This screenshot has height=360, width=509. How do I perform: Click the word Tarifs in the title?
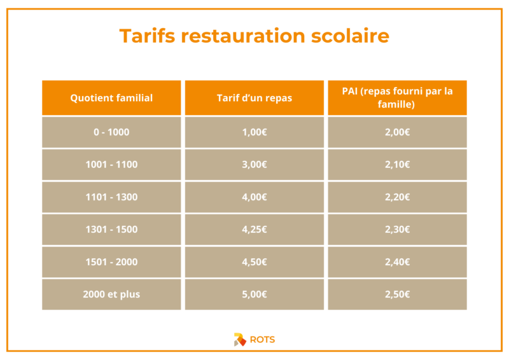click(147, 36)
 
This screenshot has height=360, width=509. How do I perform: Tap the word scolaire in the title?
click(350, 36)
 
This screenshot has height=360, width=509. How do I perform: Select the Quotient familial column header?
click(111, 98)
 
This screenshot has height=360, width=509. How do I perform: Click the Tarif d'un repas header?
click(254, 98)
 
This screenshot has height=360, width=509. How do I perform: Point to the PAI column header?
click(397, 98)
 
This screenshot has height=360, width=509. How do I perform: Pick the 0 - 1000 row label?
click(111, 132)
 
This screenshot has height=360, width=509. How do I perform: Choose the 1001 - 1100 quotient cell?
click(111, 165)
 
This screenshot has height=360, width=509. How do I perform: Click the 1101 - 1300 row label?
click(111, 197)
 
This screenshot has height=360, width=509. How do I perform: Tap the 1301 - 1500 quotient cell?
click(111, 230)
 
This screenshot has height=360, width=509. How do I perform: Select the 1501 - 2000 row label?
click(111, 262)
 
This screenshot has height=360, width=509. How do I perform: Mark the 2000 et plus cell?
click(111, 294)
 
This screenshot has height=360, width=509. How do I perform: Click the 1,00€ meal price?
click(254, 132)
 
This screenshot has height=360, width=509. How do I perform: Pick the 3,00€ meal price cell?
click(254, 165)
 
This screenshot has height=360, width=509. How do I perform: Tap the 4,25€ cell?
click(254, 230)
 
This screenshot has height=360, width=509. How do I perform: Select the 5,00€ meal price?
click(254, 294)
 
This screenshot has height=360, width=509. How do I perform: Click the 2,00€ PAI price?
click(397, 132)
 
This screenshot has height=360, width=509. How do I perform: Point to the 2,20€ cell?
click(397, 197)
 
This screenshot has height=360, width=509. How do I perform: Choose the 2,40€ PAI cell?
click(397, 262)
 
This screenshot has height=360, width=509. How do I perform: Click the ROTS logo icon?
click(240, 340)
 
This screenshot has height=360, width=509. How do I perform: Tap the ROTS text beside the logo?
click(262, 340)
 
